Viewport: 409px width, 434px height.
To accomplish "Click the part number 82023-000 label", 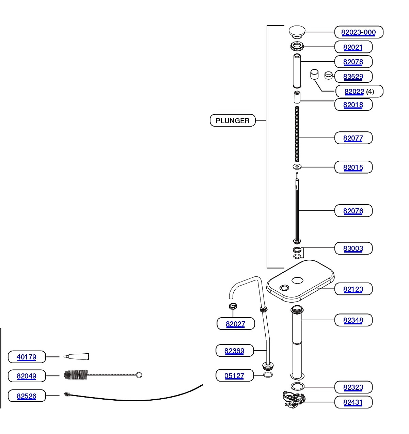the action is [358, 32].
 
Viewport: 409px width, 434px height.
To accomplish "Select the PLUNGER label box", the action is [233, 120].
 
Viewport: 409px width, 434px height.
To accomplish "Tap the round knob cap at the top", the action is [297, 32].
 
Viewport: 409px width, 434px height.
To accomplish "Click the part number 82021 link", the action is [353, 47].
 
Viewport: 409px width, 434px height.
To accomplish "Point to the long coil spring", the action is [297, 134].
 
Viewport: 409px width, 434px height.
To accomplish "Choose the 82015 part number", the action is [353, 167].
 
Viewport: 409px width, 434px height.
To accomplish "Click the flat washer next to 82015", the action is [297, 167].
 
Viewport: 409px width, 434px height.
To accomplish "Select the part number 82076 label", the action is [353, 211].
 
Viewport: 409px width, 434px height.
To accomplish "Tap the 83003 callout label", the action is [353, 248].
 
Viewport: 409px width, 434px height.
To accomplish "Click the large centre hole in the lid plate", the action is [297, 280].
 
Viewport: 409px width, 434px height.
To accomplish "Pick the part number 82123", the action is [353, 289].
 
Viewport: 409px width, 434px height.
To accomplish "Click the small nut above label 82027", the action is [233, 306].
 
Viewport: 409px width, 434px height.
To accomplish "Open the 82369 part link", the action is [234, 351].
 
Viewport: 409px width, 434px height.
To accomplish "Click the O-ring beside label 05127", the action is [268, 375].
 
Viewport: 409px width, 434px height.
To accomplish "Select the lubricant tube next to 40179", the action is [76, 357].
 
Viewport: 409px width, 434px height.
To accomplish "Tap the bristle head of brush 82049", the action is [76, 375].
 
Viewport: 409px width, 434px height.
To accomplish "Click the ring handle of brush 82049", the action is [139, 375].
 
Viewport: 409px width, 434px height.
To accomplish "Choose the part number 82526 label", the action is [27, 396].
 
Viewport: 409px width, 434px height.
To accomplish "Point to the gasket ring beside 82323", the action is [297, 386].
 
